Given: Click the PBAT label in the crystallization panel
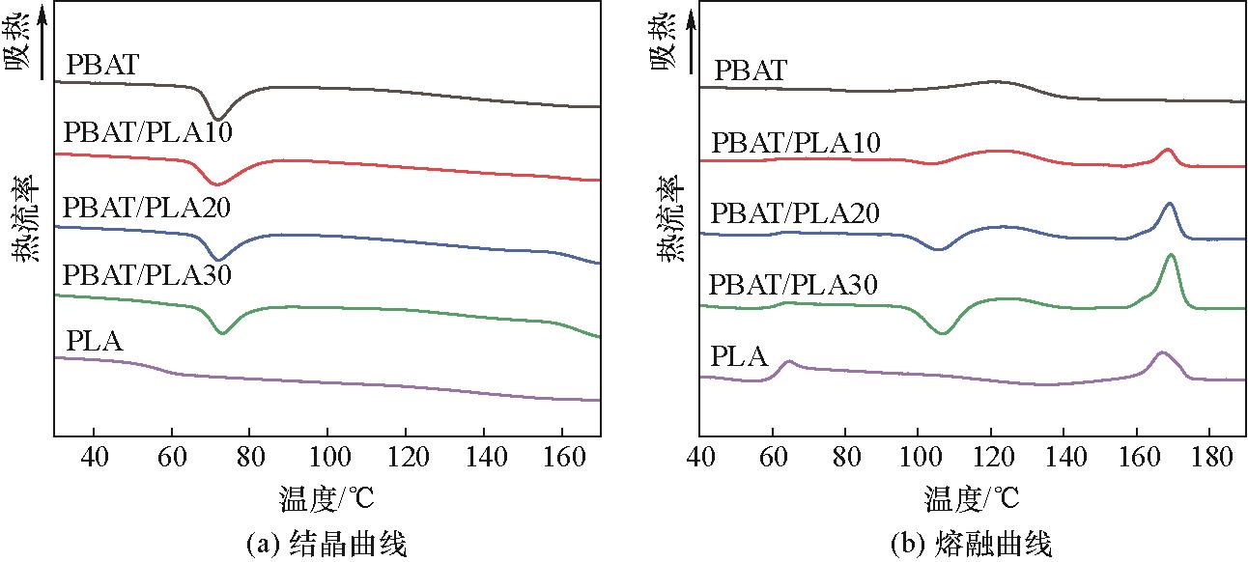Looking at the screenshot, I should point(103,66).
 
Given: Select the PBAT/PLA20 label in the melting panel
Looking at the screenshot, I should point(795,213).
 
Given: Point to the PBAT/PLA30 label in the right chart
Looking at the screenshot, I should point(793,285).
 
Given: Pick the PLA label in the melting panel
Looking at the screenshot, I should point(739,357).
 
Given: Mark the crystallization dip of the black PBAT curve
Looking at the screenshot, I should point(218,118).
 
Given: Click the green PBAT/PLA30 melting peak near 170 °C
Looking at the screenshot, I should point(1171,256).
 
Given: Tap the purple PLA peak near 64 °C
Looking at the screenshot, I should point(788,362).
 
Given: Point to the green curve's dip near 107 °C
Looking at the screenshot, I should point(943,332).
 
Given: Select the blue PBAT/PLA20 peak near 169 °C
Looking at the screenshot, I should point(1170,204).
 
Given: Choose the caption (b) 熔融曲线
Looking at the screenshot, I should point(971,544).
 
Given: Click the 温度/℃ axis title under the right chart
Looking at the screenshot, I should point(972,499).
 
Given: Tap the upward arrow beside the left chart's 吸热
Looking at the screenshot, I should point(43,39).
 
